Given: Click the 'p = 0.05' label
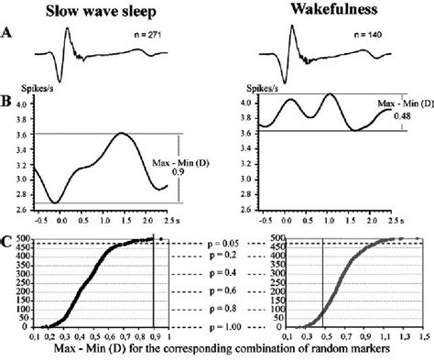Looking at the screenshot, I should coord(217,243).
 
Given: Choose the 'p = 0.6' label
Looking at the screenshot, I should coord(217,291).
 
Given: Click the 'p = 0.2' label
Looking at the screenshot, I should coord(217,256).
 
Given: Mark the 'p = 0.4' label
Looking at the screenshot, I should coord(217,273).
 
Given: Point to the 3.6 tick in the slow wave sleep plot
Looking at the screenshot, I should coord(17,134).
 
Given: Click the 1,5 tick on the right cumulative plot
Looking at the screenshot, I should coord(424,338).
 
